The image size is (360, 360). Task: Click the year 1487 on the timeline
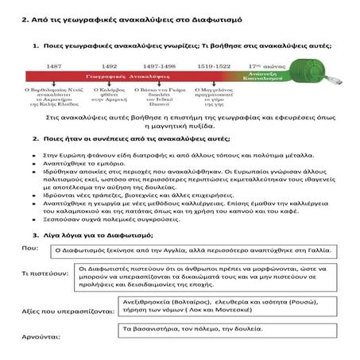pos(54,66)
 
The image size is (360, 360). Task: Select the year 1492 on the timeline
pos(109,66)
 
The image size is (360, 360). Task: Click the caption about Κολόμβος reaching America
pos(109,98)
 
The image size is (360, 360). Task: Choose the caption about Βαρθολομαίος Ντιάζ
pos(54,101)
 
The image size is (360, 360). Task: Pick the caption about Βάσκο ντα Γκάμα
pos(161,98)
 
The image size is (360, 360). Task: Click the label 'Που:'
pos(29,247)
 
